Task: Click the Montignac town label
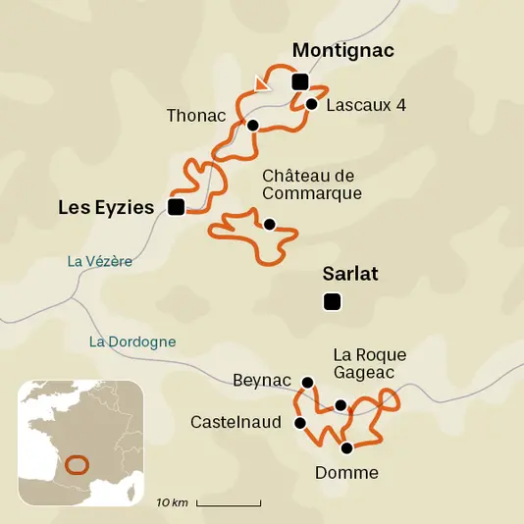(343, 51)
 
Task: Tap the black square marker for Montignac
(299, 81)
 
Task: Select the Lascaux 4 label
(365, 104)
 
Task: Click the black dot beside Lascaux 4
(311, 103)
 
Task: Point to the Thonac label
(196, 115)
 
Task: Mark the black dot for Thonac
(252, 125)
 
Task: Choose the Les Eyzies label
(106, 207)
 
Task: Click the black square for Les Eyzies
(176, 206)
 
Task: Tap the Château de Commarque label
(312, 184)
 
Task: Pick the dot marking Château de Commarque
(269, 224)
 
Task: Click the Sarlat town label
(350, 274)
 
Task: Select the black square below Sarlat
(332, 302)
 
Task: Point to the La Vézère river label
(99, 261)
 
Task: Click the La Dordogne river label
(131, 341)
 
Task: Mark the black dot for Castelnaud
(299, 423)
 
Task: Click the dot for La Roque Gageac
(341, 404)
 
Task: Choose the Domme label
(346, 473)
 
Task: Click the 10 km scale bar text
(172, 502)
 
